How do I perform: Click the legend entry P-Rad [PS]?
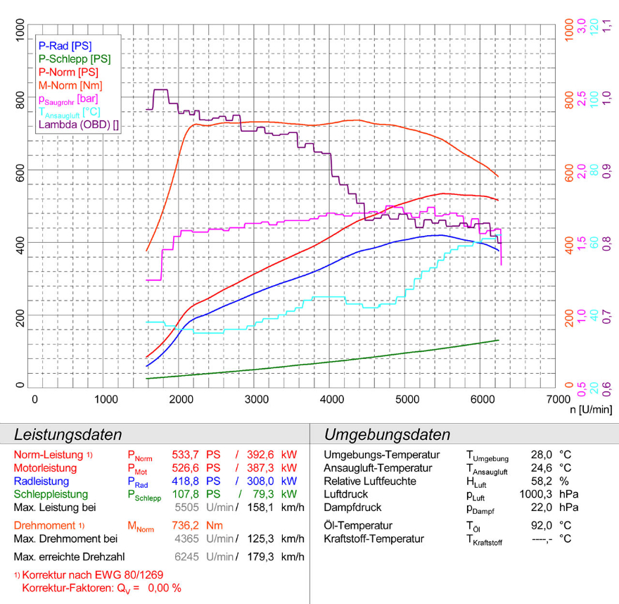tap(65, 46)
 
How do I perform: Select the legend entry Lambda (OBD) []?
tap(78, 125)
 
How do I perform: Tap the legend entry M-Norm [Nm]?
tap(70, 85)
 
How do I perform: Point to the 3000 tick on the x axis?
tap(257, 399)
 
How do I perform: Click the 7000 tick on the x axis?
tap(556, 399)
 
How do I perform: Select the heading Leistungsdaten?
tap(68, 434)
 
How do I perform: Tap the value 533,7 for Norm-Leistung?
tap(185, 455)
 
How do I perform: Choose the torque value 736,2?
tap(185, 525)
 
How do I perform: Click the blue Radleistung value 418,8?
tap(185, 482)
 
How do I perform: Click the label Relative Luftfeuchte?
tap(369, 482)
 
